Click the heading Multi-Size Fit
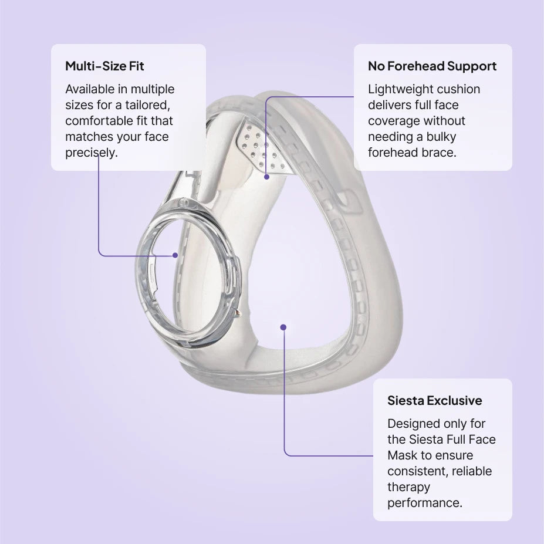pyautogui.click(x=104, y=66)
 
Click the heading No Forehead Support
pyautogui.click(x=432, y=66)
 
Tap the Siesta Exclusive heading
pyautogui.click(x=435, y=400)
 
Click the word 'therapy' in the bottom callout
pyautogui.click(x=408, y=487)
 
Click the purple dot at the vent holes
pyautogui.click(x=266, y=177)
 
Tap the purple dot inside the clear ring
pyautogui.click(x=175, y=255)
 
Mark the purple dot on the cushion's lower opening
pyautogui.click(x=283, y=327)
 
